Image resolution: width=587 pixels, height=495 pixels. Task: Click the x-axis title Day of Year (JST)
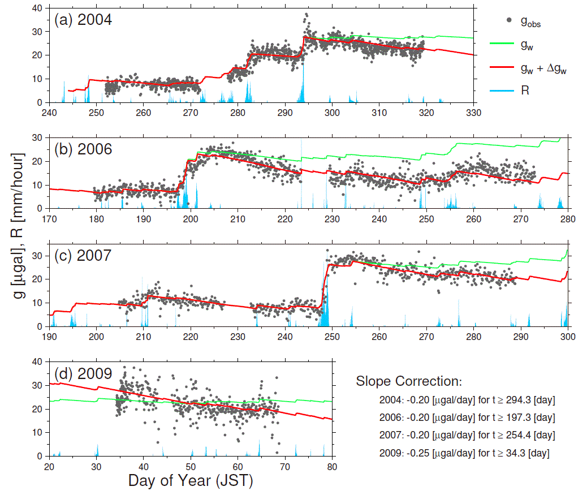190,481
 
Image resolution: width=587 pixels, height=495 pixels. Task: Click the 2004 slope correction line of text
468,401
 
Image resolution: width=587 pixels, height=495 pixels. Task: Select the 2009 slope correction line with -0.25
465,453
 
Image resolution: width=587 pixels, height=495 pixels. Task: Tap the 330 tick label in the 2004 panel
473,113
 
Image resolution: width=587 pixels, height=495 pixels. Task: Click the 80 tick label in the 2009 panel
332,467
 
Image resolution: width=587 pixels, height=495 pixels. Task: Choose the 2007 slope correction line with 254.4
468,435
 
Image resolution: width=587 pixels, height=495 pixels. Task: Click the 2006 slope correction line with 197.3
468,418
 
